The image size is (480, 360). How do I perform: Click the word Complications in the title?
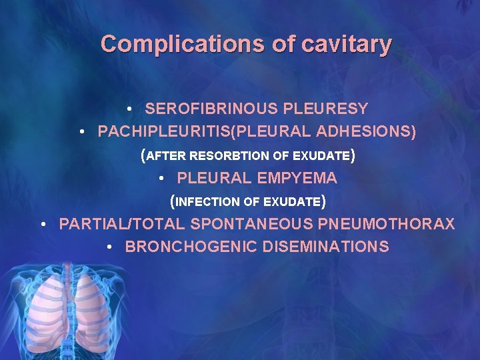click(183, 45)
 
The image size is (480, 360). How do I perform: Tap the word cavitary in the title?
click(347, 45)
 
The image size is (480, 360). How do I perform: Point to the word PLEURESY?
click(327, 109)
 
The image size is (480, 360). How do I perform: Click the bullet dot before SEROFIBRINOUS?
click(131, 109)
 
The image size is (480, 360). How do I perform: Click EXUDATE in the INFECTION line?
click(293, 201)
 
